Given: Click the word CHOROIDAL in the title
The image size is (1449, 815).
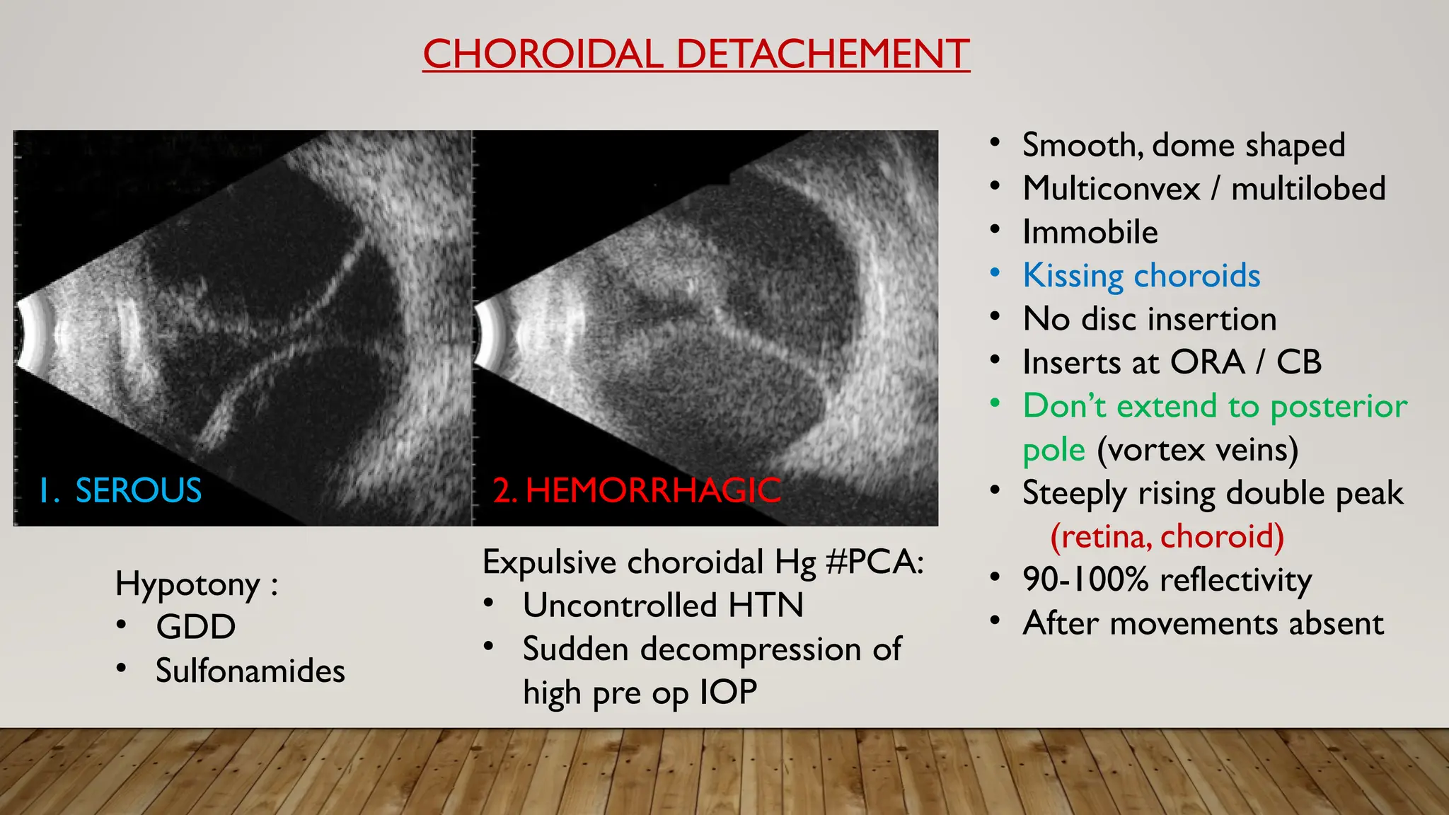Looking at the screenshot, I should pyautogui.click(x=543, y=54).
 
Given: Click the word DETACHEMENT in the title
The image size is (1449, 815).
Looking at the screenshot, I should pyautogui.click(x=823, y=54).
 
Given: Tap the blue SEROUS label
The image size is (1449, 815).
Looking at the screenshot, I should pyautogui.click(x=138, y=490).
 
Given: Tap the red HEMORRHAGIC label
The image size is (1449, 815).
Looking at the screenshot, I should pyautogui.click(x=652, y=490).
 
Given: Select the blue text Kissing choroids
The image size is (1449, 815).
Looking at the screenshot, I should pyautogui.click(x=1141, y=275).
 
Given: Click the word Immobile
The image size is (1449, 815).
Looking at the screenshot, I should pyautogui.click(x=1090, y=232).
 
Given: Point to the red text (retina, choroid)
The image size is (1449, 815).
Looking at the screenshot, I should pyautogui.click(x=1167, y=536).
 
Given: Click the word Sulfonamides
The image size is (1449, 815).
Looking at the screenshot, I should pyautogui.click(x=250, y=671).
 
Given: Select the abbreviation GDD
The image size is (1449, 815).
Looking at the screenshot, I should pyautogui.click(x=196, y=627).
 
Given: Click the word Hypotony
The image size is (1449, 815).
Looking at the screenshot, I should pyautogui.click(x=187, y=584).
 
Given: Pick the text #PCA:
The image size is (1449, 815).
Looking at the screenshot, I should pyautogui.click(x=874, y=562).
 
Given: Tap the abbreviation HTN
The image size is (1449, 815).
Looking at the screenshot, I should pyautogui.click(x=766, y=606).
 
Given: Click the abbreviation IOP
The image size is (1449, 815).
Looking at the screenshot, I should pyautogui.click(x=728, y=692).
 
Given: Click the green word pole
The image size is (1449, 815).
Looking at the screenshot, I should pyautogui.click(x=1053, y=450).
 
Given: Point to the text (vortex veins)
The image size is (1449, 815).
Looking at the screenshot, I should pyautogui.click(x=1197, y=450).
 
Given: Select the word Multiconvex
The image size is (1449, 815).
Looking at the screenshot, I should pyautogui.click(x=1111, y=189).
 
